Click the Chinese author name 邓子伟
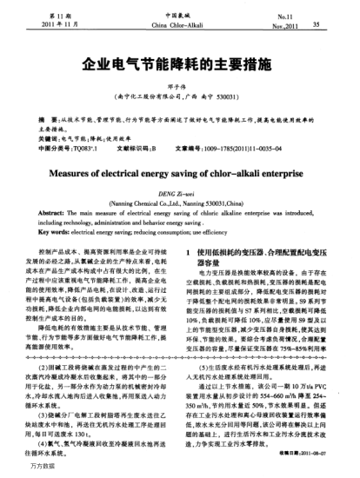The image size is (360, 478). [x=179, y=86]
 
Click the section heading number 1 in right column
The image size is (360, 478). [x=190, y=251]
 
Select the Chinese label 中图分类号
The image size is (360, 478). [x=56, y=147]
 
